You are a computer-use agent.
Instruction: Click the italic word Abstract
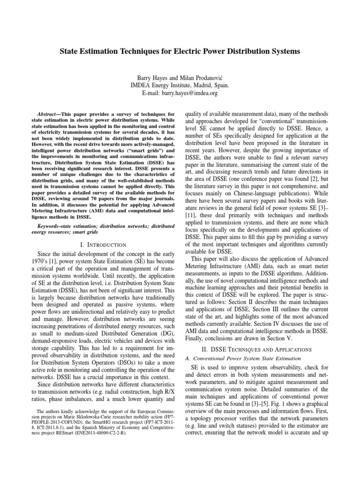49,114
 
